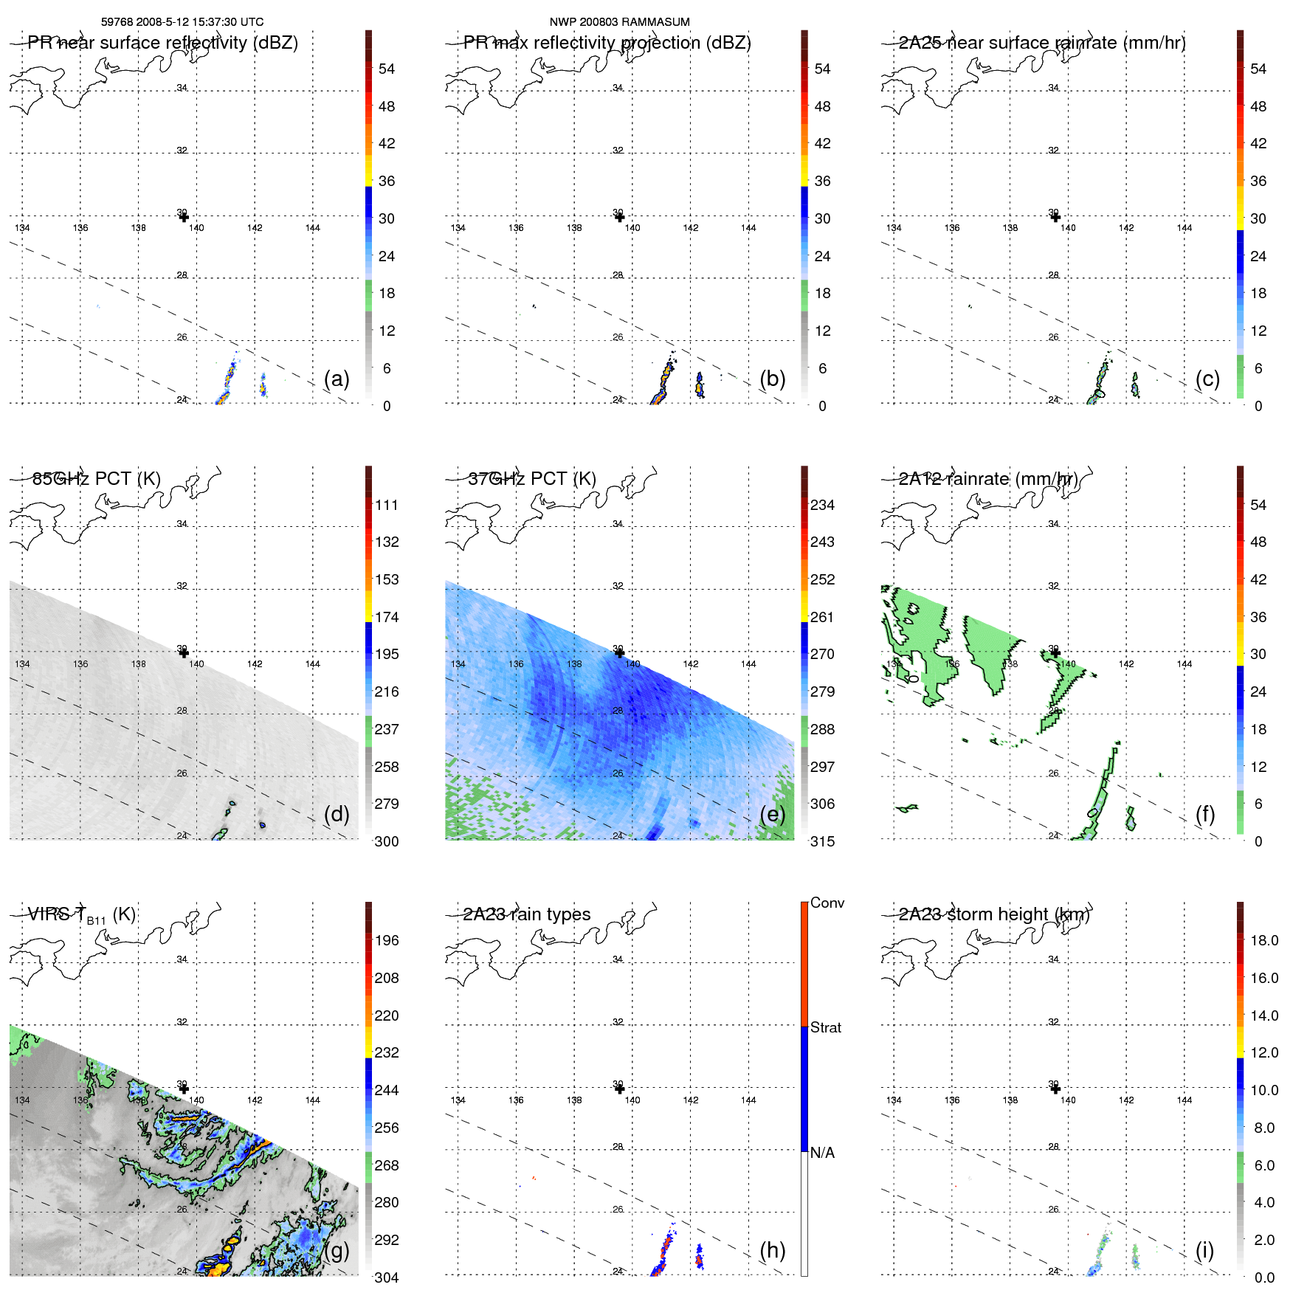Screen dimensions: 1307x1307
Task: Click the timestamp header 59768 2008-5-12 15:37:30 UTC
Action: tap(182, 22)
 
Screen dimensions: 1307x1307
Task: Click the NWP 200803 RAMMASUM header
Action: tap(619, 22)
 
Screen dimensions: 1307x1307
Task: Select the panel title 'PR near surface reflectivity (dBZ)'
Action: tap(162, 43)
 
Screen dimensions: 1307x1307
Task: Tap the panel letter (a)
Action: tap(337, 379)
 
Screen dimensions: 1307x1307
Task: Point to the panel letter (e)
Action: tap(773, 814)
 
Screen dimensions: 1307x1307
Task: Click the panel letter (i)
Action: tap(1204, 1250)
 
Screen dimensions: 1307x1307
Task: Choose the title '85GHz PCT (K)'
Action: tap(97, 479)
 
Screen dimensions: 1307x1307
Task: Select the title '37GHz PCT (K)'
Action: tap(532, 479)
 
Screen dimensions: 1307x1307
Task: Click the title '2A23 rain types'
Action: tap(527, 914)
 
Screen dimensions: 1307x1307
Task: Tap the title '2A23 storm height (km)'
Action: tap(994, 914)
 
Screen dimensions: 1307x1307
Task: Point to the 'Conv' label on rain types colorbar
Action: tap(827, 903)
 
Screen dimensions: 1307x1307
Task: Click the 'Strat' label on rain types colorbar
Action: tap(826, 1027)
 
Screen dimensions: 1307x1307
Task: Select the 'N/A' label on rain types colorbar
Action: tap(822, 1153)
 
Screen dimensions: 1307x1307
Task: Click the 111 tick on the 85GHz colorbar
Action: tap(387, 505)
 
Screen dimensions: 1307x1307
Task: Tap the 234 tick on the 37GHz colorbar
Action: tap(822, 505)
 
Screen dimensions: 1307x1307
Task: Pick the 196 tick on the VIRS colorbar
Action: tap(387, 940)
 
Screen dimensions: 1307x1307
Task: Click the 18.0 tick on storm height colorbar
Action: tap(1264, 940)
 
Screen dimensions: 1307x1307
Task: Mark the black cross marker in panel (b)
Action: tap(619, 217)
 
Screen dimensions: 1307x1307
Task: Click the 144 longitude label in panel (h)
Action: tap(748, 1100)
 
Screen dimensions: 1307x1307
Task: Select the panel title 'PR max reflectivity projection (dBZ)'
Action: tap(607, 43)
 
